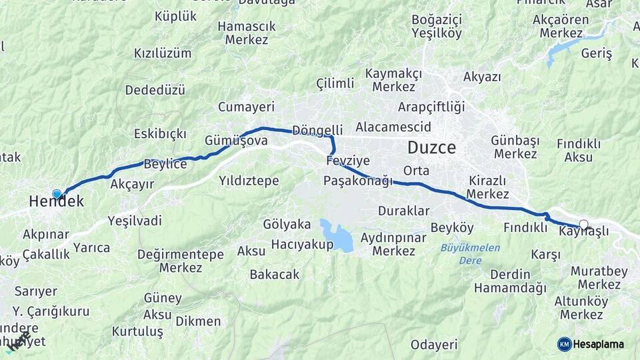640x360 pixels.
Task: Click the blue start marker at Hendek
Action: click(57, 195)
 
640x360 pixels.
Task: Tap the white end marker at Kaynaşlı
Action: click(584, 225)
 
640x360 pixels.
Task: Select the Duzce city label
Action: click(432, 148)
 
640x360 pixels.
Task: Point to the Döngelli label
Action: click(317, 129)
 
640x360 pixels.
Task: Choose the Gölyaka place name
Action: click(287, 224)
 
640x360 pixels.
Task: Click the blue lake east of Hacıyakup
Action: click(336, 235)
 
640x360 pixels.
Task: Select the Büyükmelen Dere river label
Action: click(470, 253)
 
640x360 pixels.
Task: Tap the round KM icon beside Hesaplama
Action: click(565, 344)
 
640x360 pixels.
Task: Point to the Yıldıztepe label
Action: click(249, 181)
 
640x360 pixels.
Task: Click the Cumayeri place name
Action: click(246, 107)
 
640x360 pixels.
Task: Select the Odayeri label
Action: click(434, 345)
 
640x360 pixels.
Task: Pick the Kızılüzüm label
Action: click(163, 53)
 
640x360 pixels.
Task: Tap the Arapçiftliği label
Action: click(431, 107)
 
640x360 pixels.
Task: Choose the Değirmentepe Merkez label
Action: click(180, 261)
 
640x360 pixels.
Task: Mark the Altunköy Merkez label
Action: click(581, 307)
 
